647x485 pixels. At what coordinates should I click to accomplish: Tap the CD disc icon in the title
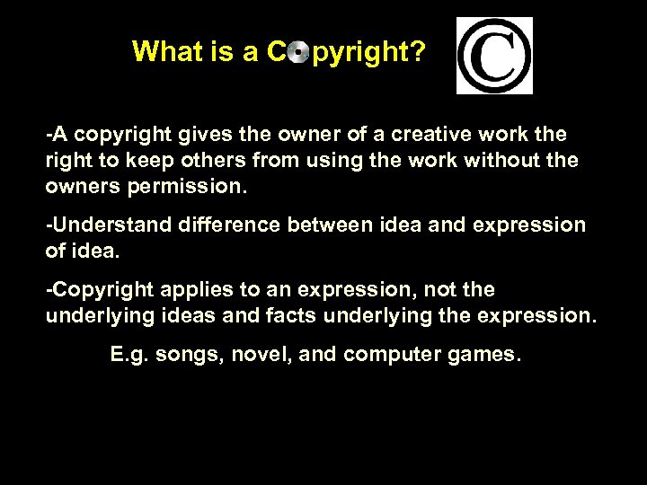click(298, 53)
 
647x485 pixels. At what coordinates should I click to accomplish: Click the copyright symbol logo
click(494, 56)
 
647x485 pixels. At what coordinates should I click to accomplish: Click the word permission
click(187, 189)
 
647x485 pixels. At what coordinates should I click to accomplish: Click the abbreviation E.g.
click(129, 355)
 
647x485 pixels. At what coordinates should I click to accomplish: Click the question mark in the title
click(419, 52)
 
